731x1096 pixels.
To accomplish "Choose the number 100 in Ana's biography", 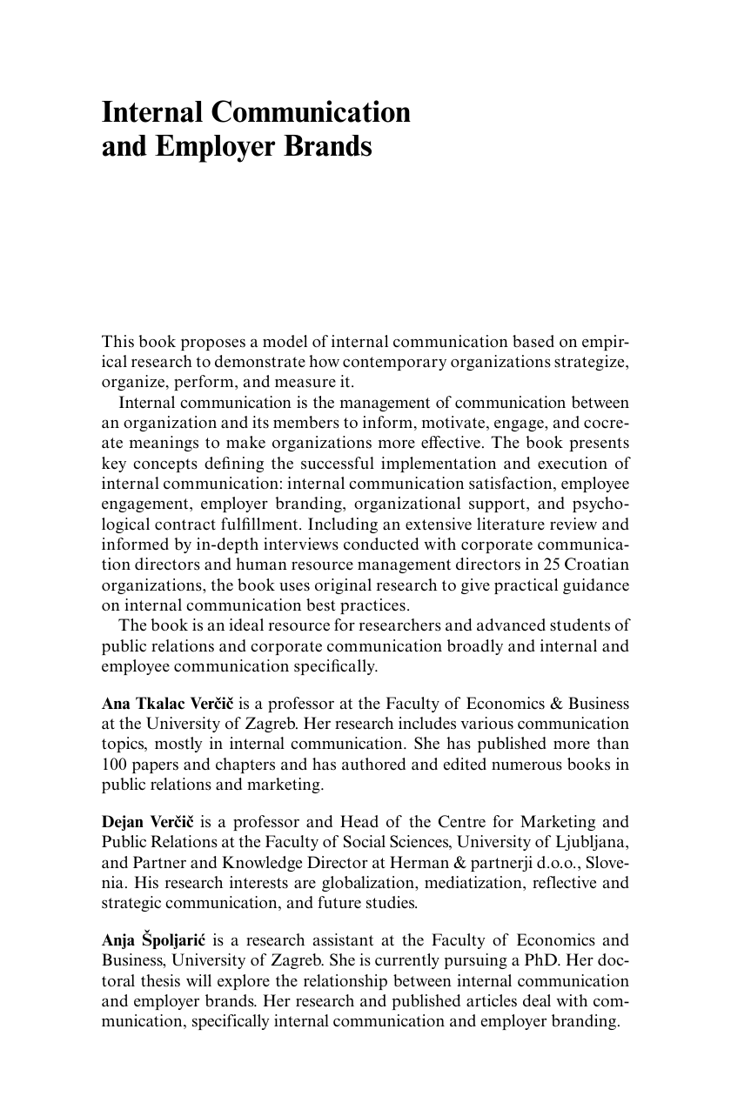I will point(115,765).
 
